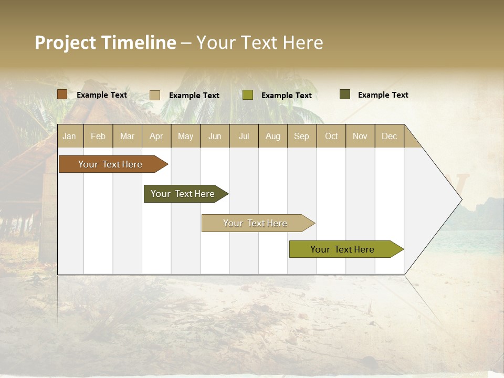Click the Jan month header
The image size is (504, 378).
(x=69, y=136)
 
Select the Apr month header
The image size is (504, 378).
(x=156, y=136)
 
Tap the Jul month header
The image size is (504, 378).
(x=244, y=136)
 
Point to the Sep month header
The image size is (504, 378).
(x=301, y=136)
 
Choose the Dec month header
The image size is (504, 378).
(x=389, y=136)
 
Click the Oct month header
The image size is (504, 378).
(x=331, y=136)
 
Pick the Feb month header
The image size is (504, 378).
(x=98, y=136)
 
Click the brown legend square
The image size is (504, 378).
(x=62, y=94)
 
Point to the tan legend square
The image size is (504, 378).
(x=154, y=95)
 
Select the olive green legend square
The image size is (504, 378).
(x=248, y=95)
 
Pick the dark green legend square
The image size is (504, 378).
(x=345, y=94)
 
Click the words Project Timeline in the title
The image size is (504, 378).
(x=105, y=43)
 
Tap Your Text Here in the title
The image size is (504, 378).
(x=259, y=43)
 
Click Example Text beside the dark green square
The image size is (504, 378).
(x=383, y=94)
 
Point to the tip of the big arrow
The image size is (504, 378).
(x=460, y=199)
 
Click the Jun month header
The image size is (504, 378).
(x=215, y=136)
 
